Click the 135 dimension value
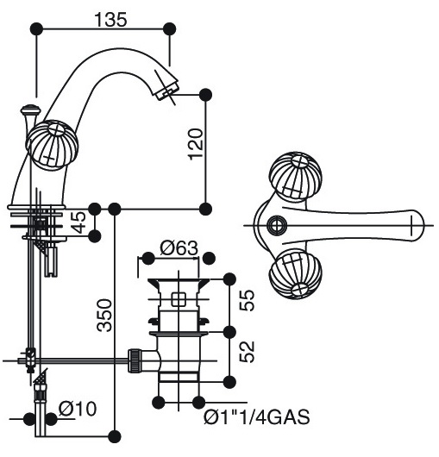click(111, 20)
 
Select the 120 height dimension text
click(196, 144)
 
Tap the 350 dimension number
click(104, 315)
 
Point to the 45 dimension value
click(78, 222)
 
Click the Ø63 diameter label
click(179, 248)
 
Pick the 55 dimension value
click(247, 300)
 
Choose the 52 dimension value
click(247, 352)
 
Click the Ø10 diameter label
click(78, 409)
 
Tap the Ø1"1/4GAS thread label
click(256, 417)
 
